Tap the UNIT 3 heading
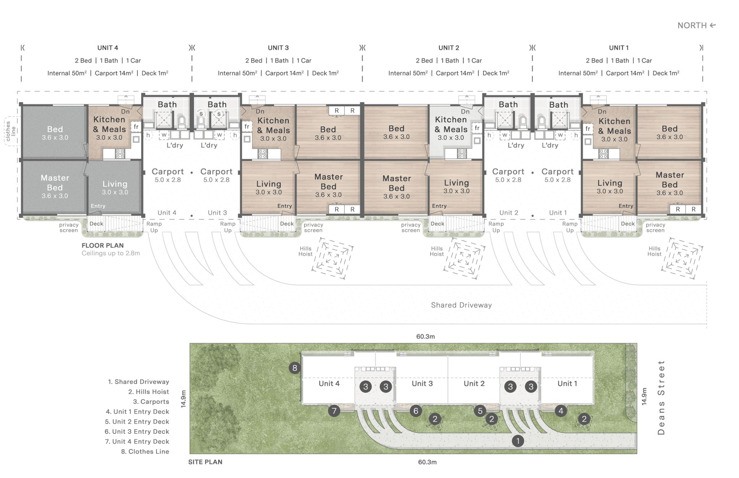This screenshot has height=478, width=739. [278, 48]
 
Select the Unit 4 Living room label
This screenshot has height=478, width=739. [115, 187]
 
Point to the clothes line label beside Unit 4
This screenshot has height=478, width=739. [11, 131]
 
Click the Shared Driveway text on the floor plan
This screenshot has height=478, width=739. [461, 305]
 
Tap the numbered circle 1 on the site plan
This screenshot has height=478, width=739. [518, 441]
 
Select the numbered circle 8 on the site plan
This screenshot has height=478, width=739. [295, 368]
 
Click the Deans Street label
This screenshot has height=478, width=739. [661, 397]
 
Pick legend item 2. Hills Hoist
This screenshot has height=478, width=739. [148, 392]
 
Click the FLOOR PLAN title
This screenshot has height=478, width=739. [102, 245]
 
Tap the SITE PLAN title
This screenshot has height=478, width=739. [205, 462]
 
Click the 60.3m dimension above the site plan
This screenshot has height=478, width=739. [425, 336]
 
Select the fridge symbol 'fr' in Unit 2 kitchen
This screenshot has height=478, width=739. [477, 128]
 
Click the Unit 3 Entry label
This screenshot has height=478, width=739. [284, 206]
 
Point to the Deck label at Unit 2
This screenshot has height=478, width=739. [437, 224]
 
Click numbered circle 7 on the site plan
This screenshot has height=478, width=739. [334, 411]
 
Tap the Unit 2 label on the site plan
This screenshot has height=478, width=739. [474, 383]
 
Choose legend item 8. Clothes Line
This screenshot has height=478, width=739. [145, 451]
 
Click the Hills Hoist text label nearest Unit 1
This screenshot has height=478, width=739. [654, 251]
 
